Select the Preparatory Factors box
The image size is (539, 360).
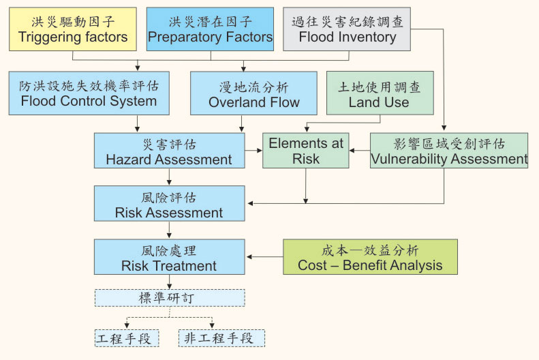tap(210, 29)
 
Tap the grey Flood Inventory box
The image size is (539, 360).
tap(347, 29)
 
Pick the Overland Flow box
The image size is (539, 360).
tap(245, 94)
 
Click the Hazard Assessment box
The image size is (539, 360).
tap(169, 151)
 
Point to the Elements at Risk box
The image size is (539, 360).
tap(306, 151)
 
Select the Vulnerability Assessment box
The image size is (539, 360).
tap(449, 151)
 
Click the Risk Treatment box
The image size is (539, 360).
tap(169, 257)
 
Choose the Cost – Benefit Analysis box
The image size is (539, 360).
tap(370, 257)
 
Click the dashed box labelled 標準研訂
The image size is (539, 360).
tap(169, 299)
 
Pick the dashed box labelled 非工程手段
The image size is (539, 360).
tap(221, 338)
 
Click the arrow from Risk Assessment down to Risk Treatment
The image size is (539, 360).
tap(169, 230)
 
